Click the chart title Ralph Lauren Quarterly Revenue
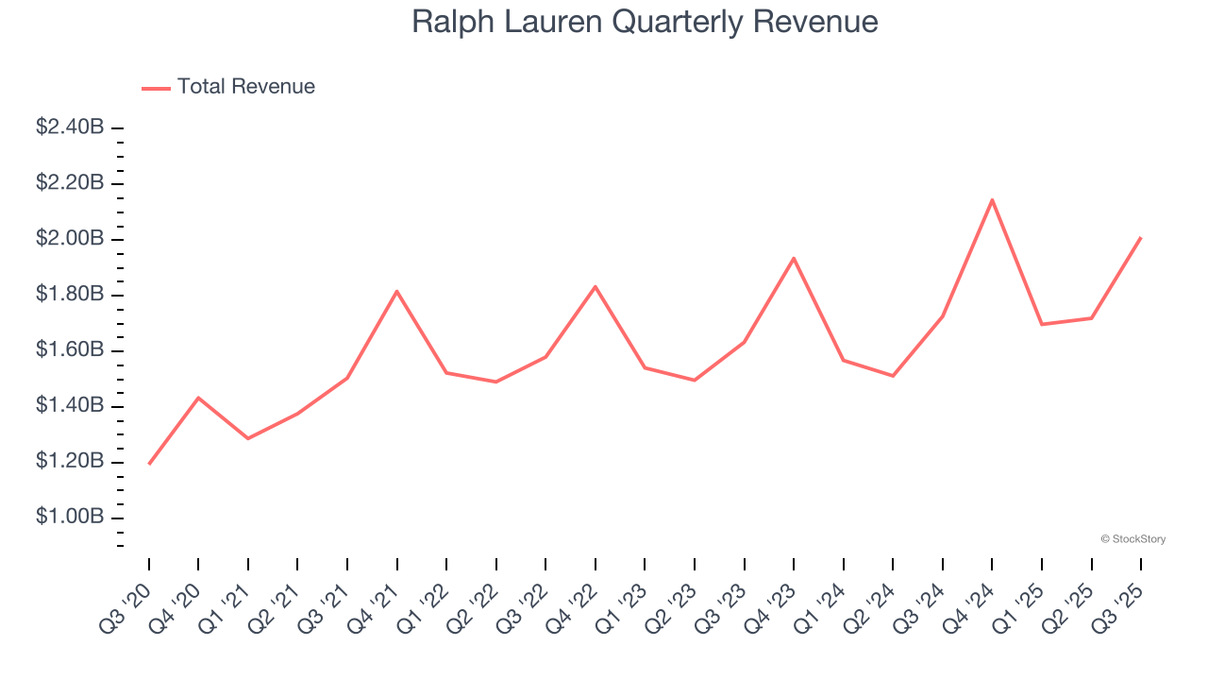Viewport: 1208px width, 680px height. (645, 22)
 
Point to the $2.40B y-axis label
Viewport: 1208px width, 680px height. (70, 127)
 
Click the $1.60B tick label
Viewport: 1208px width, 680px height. (70, 350)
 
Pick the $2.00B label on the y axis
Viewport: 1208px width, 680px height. (70, 239)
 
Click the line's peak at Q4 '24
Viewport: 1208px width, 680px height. (992, 199)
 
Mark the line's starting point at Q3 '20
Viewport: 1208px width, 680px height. (149, 464)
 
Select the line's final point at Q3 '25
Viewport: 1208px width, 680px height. (1141, 238)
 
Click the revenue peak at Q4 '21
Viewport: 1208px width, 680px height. (397, 291)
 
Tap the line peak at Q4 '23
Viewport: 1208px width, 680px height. (794, 258)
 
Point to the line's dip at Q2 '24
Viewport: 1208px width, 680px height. (893, 376)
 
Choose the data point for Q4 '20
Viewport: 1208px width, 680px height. (198, 398)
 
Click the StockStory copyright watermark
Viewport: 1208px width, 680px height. (1132, 539)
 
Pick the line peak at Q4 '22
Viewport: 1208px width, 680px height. (596, 286)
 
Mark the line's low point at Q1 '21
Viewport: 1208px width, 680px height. (248, 438)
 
